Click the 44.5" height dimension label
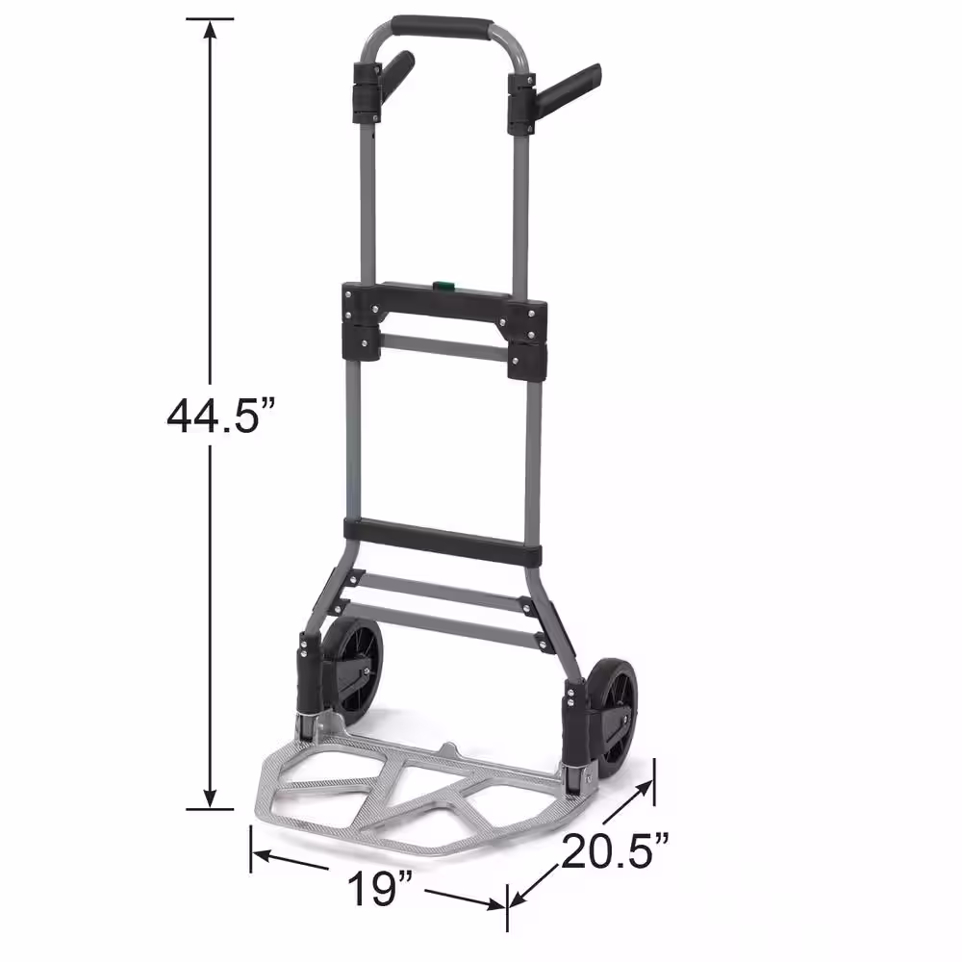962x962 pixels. tap(222, 416)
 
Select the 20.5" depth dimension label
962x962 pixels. tap(615, 850)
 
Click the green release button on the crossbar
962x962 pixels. tap(444, 286)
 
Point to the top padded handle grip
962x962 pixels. tap(442, 28)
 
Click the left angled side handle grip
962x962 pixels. tap(396, 69)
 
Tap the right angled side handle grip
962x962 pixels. tap(569, 85)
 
